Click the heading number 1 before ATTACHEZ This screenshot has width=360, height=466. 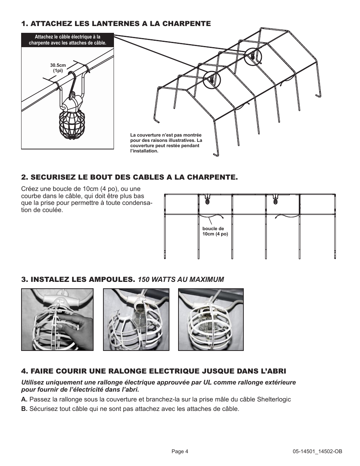24,24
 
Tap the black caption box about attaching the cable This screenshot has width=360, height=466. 68,40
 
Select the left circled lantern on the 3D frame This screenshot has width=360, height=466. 211,80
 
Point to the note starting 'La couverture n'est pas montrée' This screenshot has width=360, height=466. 166,143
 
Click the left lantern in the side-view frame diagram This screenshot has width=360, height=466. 208,200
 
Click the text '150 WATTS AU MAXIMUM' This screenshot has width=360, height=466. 181,280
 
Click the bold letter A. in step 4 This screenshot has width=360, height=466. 24,400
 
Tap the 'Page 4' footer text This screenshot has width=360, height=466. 180,452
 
